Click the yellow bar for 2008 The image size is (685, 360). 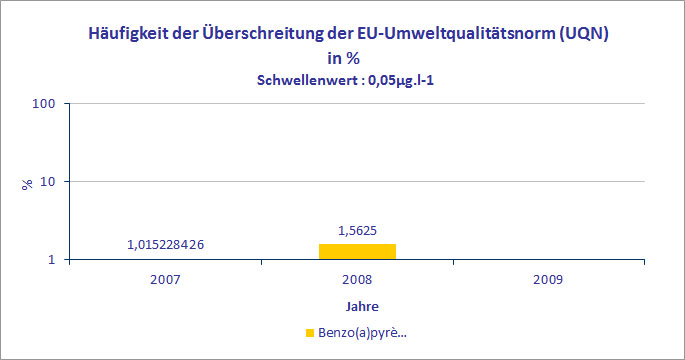[x=357, y=252]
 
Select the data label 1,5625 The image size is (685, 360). [x=357, y=230]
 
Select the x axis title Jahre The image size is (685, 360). [x=357, y=305]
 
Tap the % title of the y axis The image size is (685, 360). [x=28, y=182]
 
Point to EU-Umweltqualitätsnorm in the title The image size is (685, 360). [x=461, y=34]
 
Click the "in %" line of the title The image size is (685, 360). [x=343, y=57]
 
